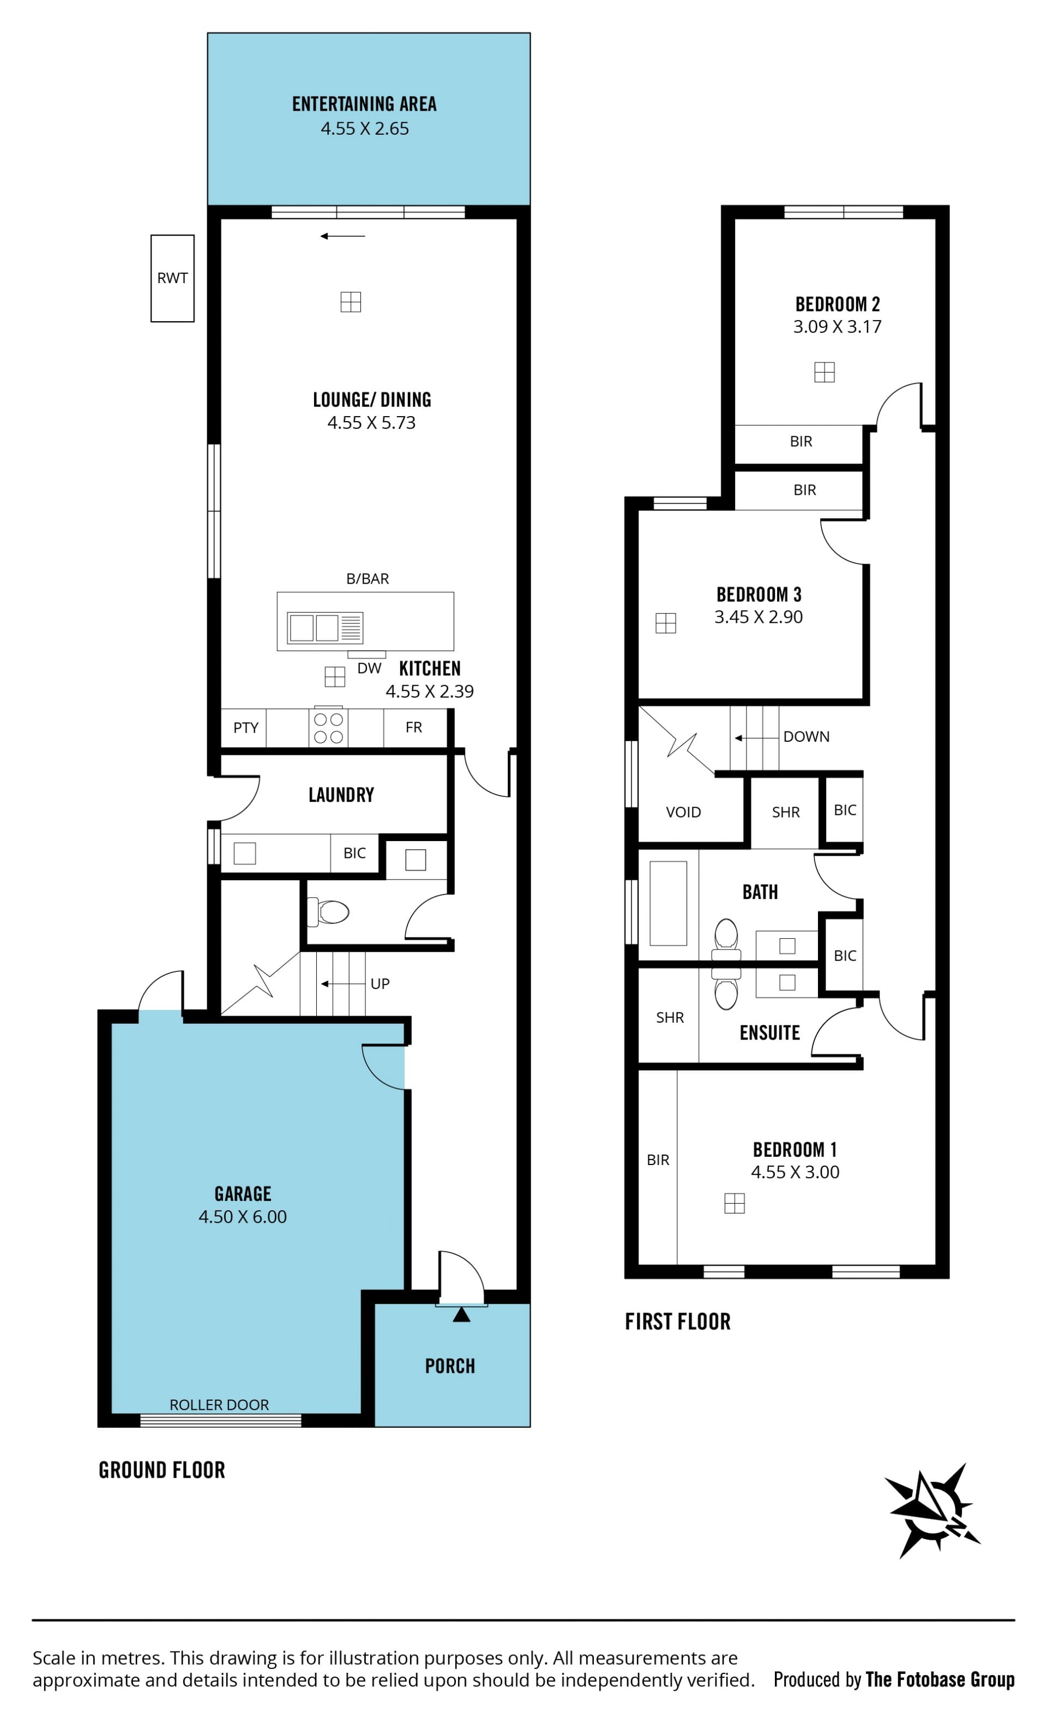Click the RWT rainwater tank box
(x=172, y=278)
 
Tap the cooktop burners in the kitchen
(x=328, y=728)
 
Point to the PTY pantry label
(x=246, y=728)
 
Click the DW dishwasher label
(x=369, y=669)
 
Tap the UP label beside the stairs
(x=380, y=984)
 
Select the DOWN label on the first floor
(x=806, y=736)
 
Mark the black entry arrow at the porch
(x=461, y=1314)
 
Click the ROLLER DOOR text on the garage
(x=219, y=1405)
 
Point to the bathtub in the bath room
(x=668, y=903)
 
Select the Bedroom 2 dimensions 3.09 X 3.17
(x=837, y=327)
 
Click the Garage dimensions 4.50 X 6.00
(x=243, y=1217)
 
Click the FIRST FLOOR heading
(x=678, y=1322)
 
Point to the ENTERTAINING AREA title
(x=364, y=104)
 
